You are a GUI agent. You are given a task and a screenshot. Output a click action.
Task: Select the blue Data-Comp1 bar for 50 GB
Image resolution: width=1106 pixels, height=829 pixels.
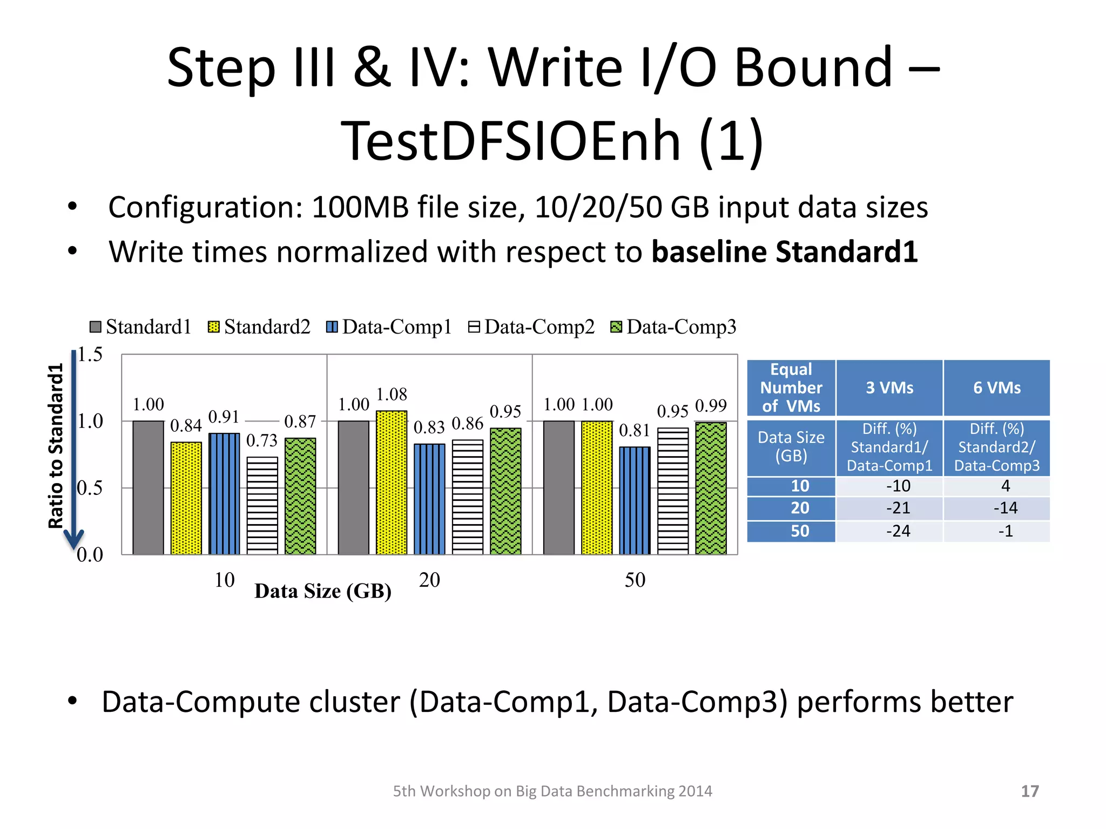[635, 500]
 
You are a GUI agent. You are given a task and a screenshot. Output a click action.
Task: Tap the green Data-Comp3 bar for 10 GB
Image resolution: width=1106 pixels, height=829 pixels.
[300, 496]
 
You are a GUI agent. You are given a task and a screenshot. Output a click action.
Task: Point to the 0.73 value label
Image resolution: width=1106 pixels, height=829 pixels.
[262, 440]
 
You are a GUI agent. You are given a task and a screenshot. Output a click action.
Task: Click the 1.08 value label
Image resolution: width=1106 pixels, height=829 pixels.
[392, 395]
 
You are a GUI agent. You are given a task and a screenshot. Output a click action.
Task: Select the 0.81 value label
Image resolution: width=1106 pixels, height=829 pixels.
[635, 430]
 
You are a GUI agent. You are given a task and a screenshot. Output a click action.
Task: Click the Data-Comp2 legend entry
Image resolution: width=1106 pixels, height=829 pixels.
[531, 327]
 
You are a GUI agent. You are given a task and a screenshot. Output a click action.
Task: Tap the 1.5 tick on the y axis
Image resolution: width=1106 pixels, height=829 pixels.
[90, 355]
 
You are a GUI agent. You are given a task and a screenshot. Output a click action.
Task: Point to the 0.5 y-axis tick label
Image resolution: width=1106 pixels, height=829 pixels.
[90, 488]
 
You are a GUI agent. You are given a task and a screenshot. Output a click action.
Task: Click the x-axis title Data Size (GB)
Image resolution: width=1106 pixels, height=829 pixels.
[323, 592]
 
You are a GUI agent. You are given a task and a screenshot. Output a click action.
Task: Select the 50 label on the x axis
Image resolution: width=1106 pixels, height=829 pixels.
[635, 580]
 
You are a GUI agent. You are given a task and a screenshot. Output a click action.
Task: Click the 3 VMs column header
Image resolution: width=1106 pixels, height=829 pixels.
[889, 388]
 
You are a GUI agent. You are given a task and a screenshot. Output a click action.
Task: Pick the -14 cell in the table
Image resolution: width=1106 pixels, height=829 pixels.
[1005, 508]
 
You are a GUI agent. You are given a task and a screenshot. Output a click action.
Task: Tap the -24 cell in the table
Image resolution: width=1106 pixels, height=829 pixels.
[898, 531]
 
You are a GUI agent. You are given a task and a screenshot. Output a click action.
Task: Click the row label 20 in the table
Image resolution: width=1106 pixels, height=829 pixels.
[800, 508]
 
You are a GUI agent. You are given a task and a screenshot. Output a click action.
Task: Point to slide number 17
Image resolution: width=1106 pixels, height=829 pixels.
[1030, 791]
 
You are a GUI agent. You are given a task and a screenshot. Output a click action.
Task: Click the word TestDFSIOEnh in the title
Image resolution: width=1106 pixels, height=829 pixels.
[510, 141]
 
